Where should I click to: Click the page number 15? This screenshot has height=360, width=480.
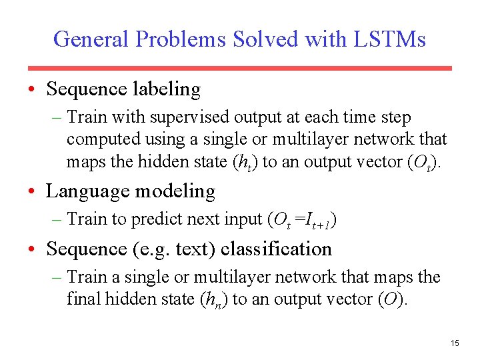pos(455,343)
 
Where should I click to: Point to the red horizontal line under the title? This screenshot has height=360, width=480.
pos(239,68)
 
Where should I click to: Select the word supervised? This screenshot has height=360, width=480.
pos(190,117)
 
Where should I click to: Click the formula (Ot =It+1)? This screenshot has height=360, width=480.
pos(301,220)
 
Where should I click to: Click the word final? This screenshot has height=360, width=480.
pos(83,299)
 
